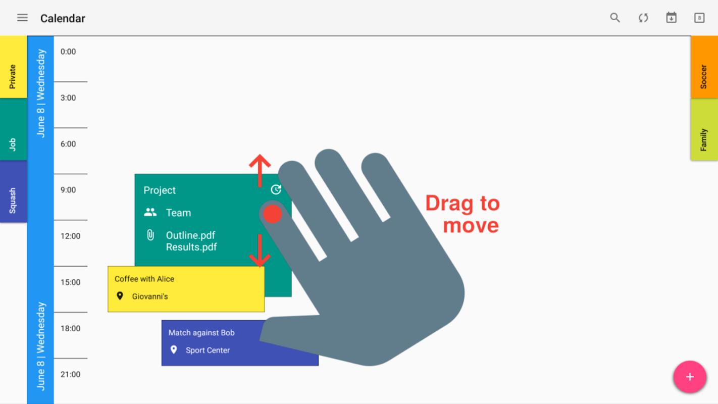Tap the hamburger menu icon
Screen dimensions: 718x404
tap(22, 18)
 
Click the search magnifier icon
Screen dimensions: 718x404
tap(615, 18)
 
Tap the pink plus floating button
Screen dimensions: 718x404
tap(690, 377)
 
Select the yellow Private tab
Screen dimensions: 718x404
tap(14, 67)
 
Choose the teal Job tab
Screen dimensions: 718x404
tap(14, 129)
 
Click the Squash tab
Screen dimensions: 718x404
tap(14, 191)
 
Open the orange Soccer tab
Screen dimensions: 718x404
tap(704, 67)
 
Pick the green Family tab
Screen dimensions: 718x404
tap(704, 129)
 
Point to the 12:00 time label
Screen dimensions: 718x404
tap(71, 236)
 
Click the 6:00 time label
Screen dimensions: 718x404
tap(68, 144)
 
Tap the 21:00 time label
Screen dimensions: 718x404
tap(71, 374)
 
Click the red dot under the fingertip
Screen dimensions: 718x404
tap(273, 214)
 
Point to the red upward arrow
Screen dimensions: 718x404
tap(260, 171)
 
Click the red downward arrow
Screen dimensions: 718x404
tap(260, 251)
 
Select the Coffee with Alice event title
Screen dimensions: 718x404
tap(144, 279)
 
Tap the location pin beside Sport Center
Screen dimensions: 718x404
tap(174, 349)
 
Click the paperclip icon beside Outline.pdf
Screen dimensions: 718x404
tap(150, 235)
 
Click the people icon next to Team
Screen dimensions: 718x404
tap(150, 212)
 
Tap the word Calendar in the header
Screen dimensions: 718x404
tap(63, 18)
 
